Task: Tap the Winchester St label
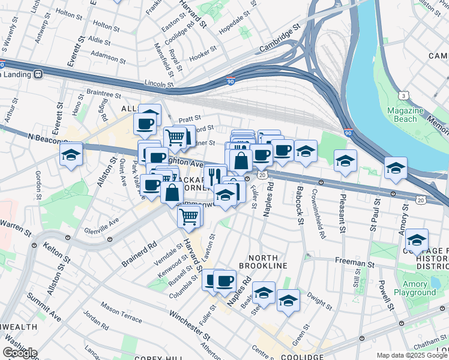click(188, 322)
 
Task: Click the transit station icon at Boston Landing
click(38, 74)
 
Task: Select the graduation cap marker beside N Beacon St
click(71, 154)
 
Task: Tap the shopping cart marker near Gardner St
click(174, 137)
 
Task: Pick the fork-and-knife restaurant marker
click(214, 175)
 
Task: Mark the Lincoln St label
click(158, 85)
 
